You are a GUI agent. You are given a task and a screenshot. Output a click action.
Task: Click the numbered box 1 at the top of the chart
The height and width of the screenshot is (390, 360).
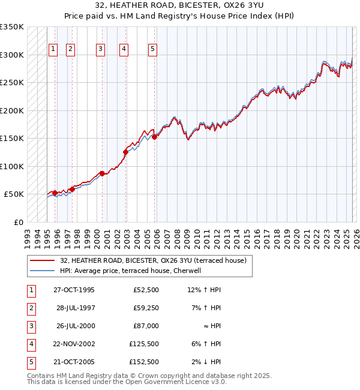[x=53, y=49]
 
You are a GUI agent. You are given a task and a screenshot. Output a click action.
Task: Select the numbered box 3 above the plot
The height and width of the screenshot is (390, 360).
[x=100, y=49]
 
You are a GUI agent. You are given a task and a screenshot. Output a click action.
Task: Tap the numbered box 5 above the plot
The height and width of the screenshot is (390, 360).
[x=152, y=49]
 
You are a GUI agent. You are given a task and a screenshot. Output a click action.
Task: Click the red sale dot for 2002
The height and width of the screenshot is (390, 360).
[x=125, y=152]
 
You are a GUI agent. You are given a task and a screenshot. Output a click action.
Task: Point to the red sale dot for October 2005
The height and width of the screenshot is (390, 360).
[x=154, y=137]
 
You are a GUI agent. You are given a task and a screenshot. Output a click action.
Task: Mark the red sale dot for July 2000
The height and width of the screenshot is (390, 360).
[x=102, y=173]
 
